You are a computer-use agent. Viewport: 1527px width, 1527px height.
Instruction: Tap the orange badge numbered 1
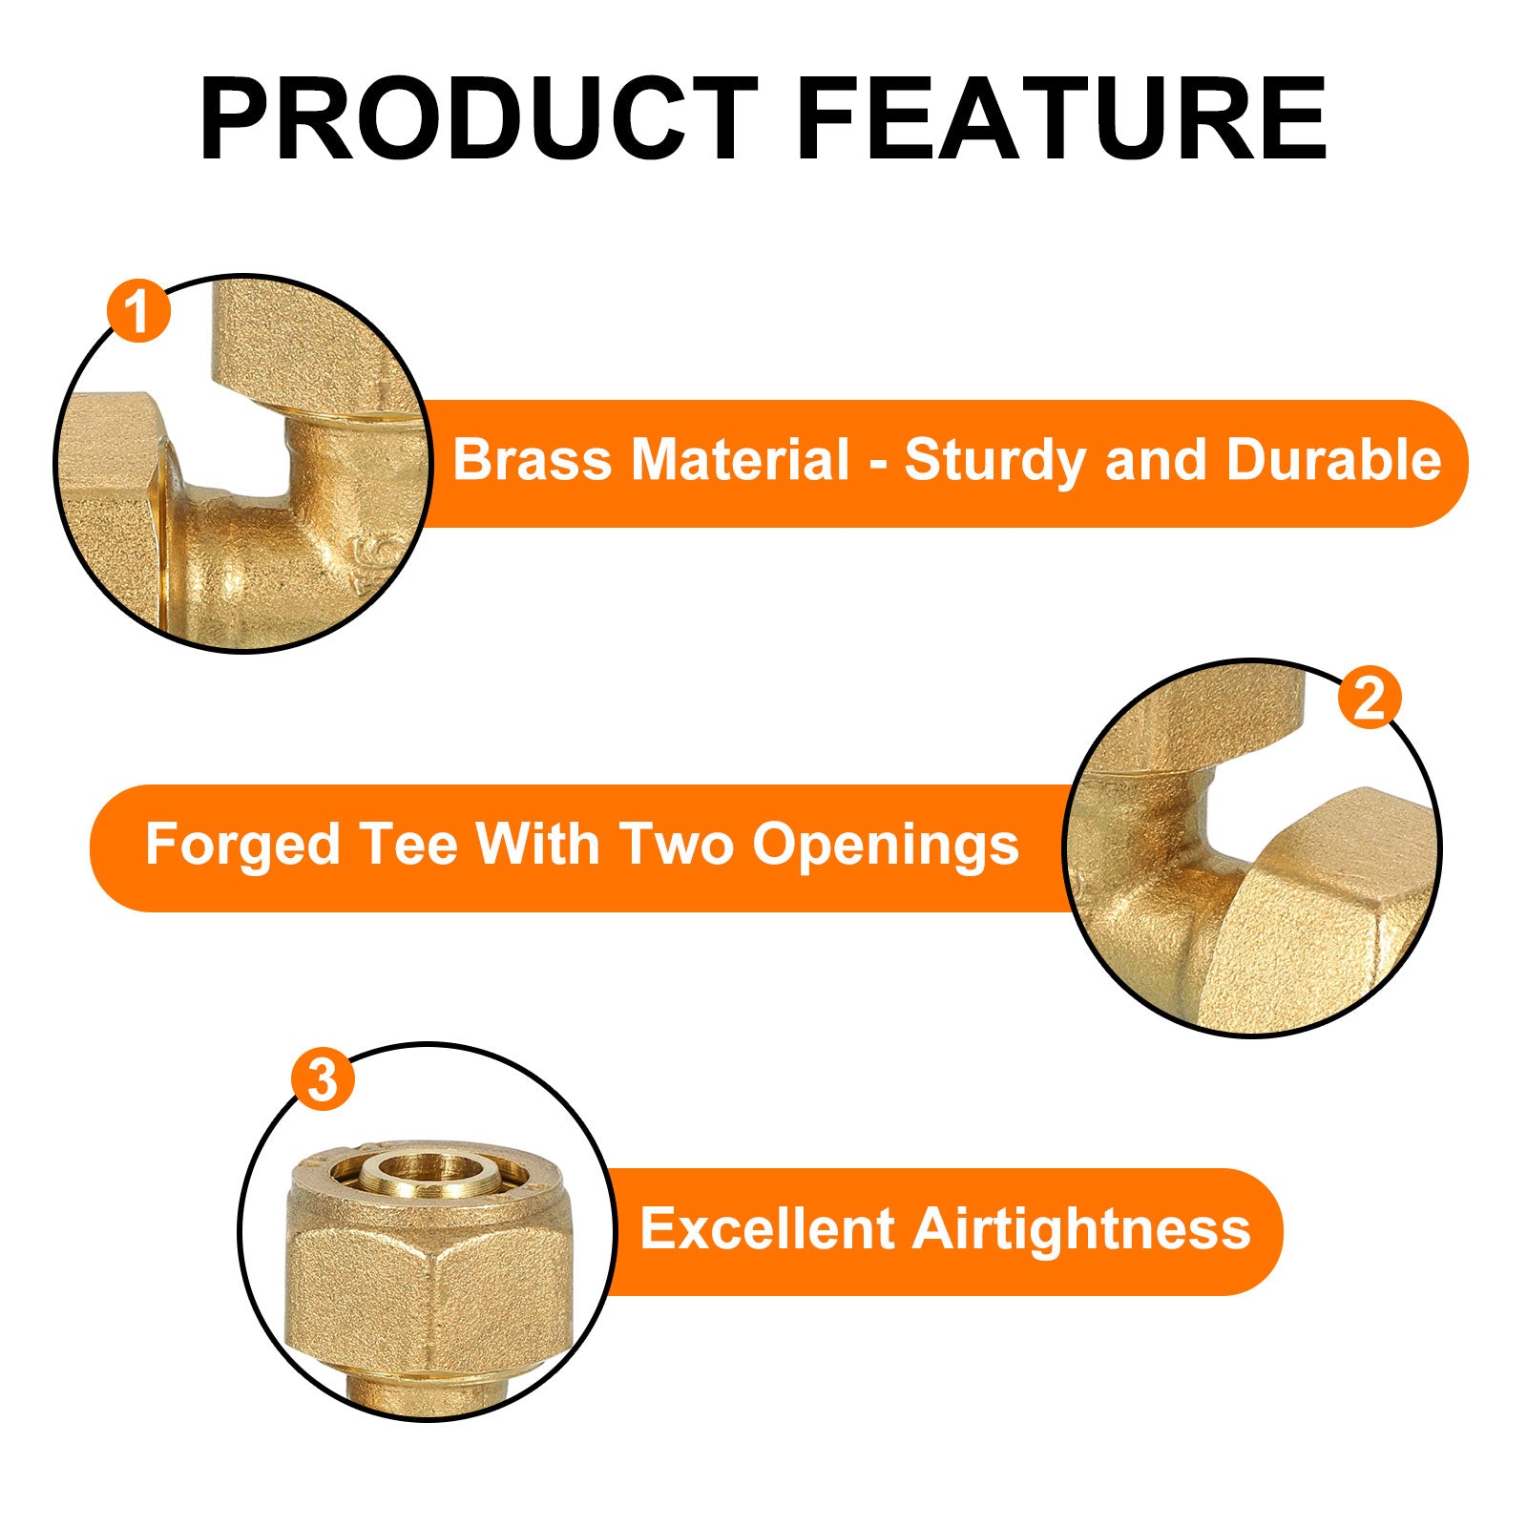point(139,311)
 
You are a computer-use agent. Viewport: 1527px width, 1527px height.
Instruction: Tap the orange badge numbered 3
point(324,1080)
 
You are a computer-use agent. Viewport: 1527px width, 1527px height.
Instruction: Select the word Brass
point(532,459)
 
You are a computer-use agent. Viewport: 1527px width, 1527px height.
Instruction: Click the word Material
point(740,459)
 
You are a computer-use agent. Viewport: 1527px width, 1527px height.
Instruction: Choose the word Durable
point(1333,459)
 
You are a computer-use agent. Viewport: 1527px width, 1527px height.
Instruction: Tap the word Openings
point(886,847)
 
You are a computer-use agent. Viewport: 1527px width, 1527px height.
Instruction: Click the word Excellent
point(767,1227)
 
